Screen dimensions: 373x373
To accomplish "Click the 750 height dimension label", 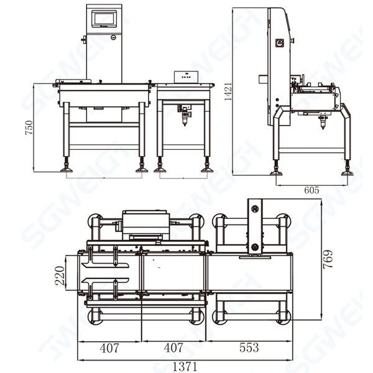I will pos(29,127).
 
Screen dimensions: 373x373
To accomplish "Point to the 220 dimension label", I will pos(61,274).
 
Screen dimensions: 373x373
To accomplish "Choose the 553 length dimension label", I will pos(248,348).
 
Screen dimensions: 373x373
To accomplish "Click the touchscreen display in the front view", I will pos(104,19).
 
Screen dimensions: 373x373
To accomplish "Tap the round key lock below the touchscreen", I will pos(113,37).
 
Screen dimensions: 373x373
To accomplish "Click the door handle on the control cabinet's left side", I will pos(83,41).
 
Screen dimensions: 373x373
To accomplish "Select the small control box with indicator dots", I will pos(185,76).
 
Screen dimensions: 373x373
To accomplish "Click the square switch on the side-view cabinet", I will pos(280,44).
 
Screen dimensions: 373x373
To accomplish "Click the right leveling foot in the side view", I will pos(347,170).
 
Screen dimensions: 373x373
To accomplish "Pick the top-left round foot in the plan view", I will pos(95,221).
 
